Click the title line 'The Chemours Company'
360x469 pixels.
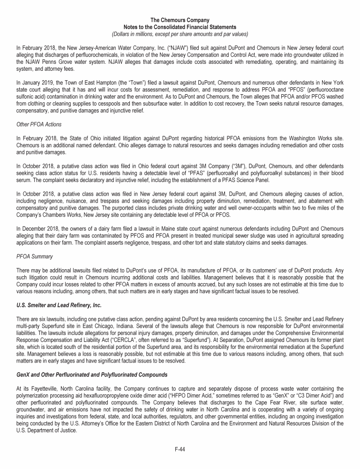click(x=180, y=20)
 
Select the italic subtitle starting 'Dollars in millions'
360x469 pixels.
click(x=180, y=34)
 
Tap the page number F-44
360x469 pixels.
click(x=180, y=449)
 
